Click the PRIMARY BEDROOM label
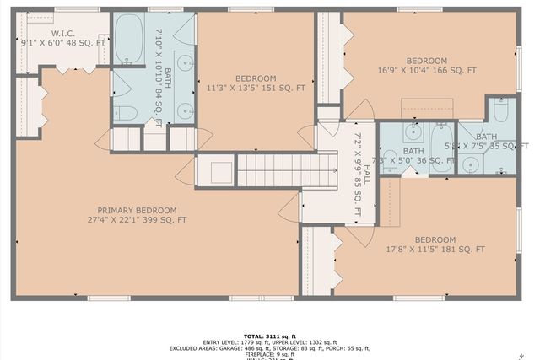pos(137,210)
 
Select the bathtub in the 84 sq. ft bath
pos(129,39)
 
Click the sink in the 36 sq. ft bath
pos(413,132)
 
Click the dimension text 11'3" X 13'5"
pos(245,86)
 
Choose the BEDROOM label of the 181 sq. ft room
pos(435,239)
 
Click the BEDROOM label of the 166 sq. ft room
pos(427,61)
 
